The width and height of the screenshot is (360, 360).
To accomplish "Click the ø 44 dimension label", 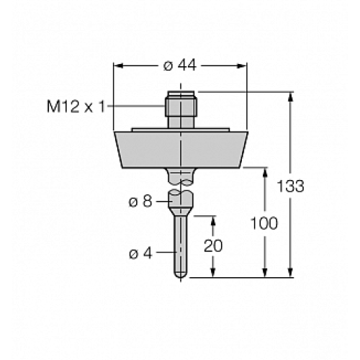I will (180, 66).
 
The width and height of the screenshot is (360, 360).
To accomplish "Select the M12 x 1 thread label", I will (76, 107).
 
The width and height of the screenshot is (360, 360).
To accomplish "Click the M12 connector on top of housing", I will (180, 109).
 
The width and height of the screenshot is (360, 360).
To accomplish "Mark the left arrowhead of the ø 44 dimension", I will (118, 66).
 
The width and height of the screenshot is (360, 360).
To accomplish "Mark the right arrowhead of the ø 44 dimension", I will (243, 66).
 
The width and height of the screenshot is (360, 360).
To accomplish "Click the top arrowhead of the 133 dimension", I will (291, 96).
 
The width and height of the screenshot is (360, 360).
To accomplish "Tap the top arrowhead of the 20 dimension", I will (212, 219).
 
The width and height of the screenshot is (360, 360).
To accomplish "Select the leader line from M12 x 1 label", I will (137, 107).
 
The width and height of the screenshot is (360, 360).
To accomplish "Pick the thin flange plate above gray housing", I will (180, 130).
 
